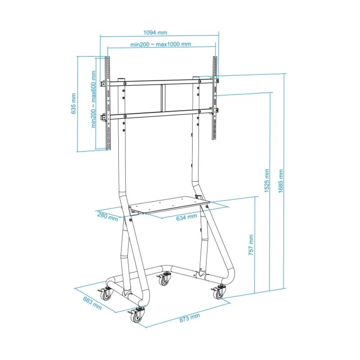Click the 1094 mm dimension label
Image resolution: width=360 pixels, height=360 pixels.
click(155, 32)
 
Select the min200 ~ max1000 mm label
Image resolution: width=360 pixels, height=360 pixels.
click(161, 44)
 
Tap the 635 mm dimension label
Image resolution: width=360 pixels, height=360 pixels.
click(73, 104)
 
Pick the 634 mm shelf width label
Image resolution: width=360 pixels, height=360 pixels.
click(186, 217)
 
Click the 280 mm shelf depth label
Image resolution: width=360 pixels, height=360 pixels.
click(107, 217)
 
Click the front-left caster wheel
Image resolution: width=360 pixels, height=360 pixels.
click(137, 316)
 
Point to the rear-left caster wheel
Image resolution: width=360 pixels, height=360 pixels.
click(106, 294)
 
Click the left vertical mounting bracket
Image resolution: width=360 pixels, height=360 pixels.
click(107, 103)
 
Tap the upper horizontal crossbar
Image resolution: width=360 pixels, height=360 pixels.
click(160, 82)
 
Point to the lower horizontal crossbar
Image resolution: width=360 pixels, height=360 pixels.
click(160, 114)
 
